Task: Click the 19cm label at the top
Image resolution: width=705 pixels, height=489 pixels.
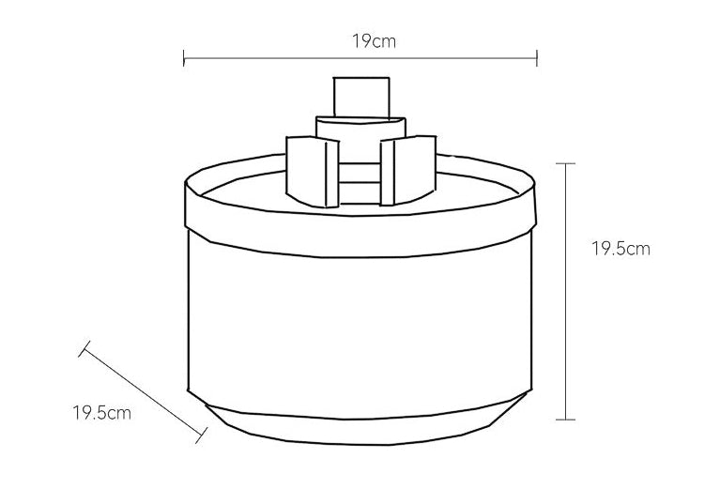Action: click(360, 40)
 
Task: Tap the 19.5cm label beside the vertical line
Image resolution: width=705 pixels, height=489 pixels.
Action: click(621, 249)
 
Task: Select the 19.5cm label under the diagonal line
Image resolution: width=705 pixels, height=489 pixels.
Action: click(102, 412)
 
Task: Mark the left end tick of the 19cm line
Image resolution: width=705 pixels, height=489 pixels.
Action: click(184, 59)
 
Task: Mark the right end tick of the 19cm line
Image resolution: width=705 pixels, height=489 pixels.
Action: click(537, 59)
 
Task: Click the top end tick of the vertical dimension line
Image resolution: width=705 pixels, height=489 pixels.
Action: click(565, 163)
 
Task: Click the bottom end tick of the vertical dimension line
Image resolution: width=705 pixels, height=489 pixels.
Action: click(565, 419)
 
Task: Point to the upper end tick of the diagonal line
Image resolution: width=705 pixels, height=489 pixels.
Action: click(84, 349)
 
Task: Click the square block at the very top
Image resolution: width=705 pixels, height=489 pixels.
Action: click(360, 96)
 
